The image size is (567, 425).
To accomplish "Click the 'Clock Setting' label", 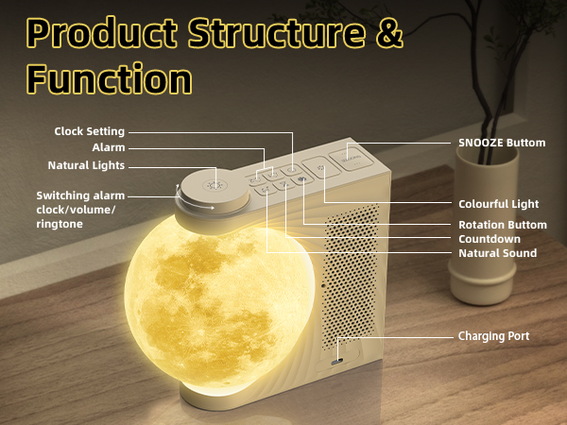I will click(90, 131).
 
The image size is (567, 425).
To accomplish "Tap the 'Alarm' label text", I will click(109, 148).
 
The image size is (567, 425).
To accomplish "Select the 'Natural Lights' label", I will click(86, 166).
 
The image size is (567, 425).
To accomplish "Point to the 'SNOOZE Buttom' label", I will click(502, 143).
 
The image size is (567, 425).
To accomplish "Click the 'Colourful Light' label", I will click(498, 204).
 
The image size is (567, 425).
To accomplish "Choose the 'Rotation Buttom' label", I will click(503, 225).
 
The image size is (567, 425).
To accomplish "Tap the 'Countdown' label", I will click(490, 239).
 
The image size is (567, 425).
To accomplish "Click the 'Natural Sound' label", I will click(497, 253).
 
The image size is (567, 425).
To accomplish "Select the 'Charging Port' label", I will click(494, 335).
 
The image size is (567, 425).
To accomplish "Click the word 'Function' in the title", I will click(110, 76).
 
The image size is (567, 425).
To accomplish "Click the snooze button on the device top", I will click(353, 156).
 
